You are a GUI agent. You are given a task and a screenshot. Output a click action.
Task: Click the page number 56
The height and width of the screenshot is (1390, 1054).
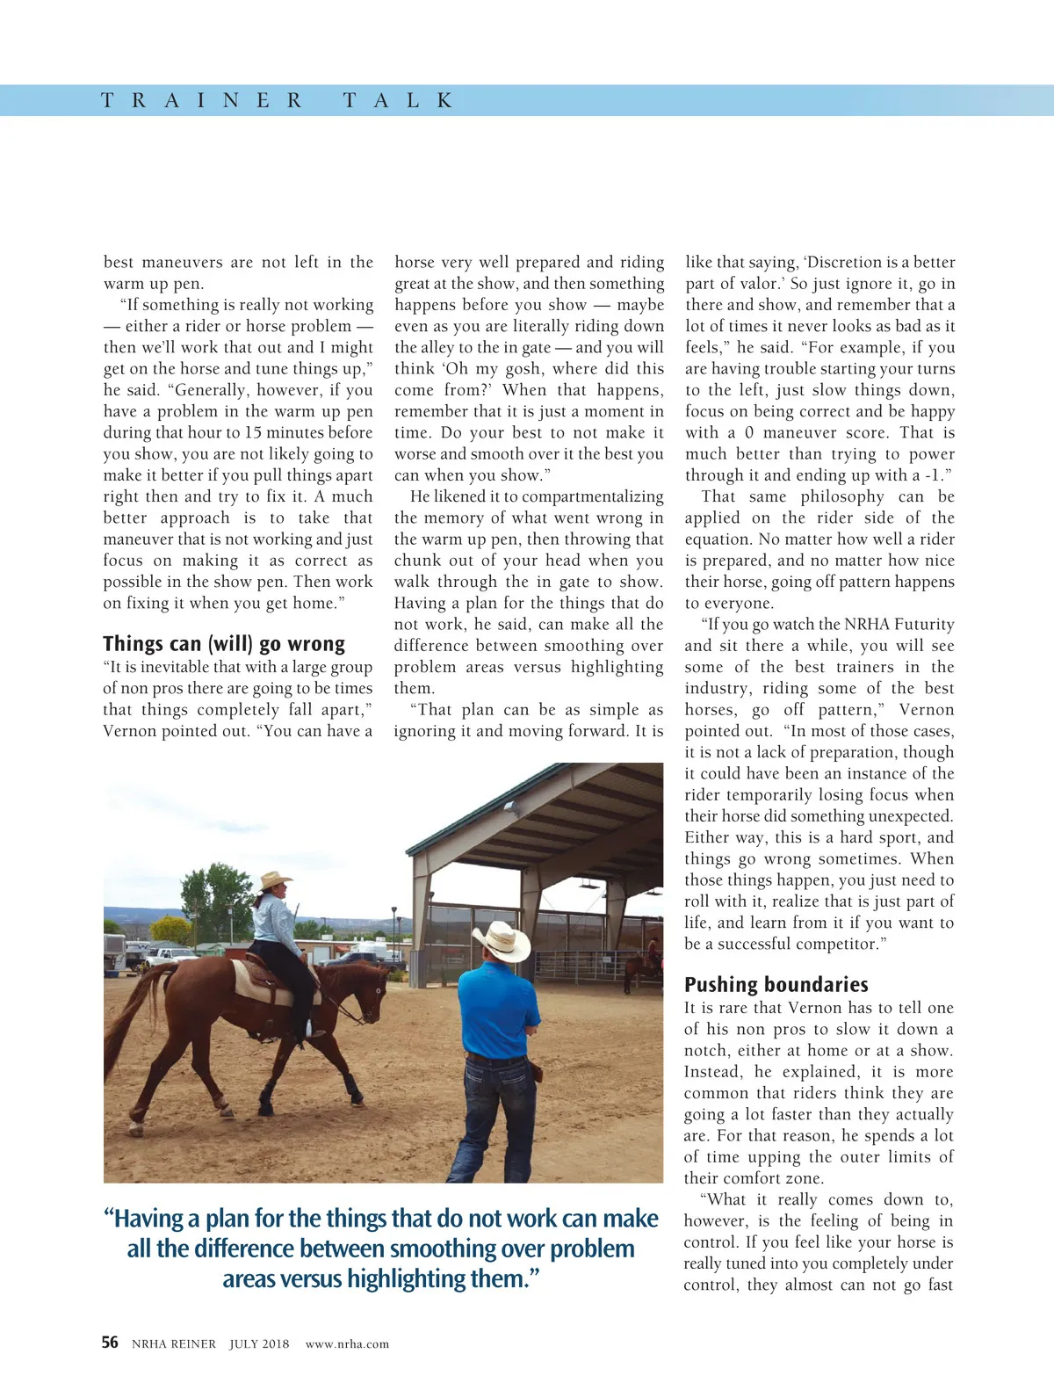pyautogui.click(x=110, y=1342)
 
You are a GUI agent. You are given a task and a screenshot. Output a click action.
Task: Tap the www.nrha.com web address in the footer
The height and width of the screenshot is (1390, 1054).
pyautogui.click(x=347, y=1343)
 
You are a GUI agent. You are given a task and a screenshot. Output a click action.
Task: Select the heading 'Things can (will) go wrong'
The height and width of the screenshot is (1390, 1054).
pyautogui.click(x=224, y=643)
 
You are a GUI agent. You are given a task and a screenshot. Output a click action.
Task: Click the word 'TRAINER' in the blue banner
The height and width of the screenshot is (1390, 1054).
pyautogui.click(x=202, y=100)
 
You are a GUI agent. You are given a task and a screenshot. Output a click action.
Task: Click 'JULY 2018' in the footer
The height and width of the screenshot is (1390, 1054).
pyautogui.click(x=259, y=1343)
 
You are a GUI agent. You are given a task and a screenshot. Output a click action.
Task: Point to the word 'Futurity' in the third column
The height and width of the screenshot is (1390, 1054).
pyautogui.click(x=923, y=624)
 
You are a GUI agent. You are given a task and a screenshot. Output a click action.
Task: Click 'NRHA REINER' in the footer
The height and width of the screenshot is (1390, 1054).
pyautogui.click(x=173, y=1343)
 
